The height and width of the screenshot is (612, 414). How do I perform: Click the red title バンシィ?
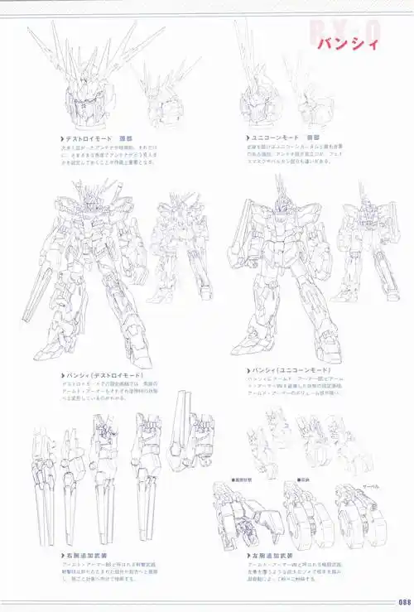coord(348,43)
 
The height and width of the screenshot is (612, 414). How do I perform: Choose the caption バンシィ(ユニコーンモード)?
coord(290,369)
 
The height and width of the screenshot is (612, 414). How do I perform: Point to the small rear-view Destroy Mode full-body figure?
coord(180,244)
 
